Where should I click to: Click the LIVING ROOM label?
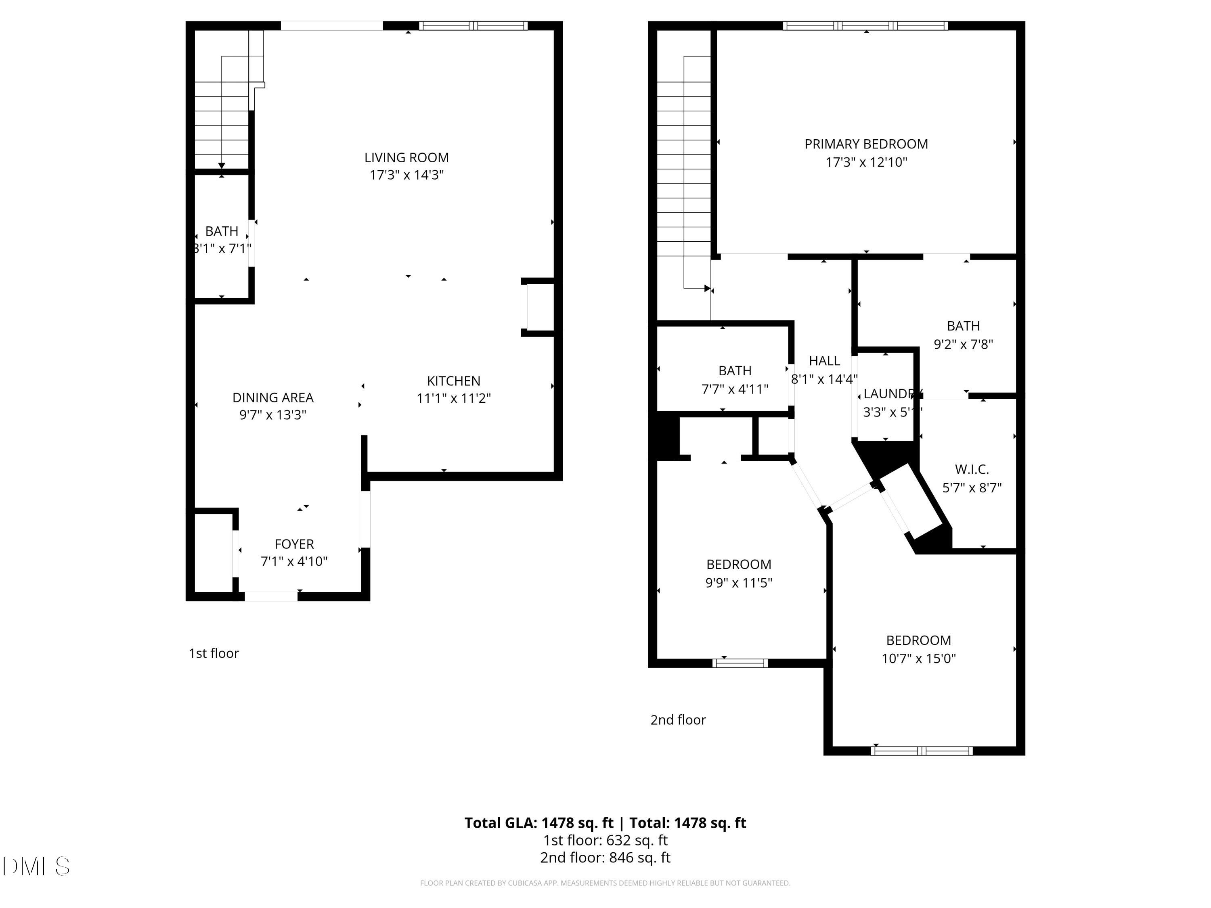tap(406, 158)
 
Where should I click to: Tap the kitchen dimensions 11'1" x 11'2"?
tap(453, 398)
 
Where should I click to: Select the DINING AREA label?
tap(272, 398)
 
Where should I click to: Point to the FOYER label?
tap(294, 544)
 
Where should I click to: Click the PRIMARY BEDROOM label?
tap(866, 144)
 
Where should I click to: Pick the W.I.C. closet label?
tap(972, 469)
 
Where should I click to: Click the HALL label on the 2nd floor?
tap(824, 361)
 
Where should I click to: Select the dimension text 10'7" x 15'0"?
tap(918, 659)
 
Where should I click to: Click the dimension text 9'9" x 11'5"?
tap(739, 583)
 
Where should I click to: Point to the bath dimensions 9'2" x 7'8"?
tap(963, 344)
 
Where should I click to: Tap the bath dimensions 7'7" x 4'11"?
tap(735, 389)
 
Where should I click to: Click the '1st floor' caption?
tap(214, 653)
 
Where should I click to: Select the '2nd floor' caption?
tap(678, 720)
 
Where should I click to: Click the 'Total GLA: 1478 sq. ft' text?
tap(539, 822)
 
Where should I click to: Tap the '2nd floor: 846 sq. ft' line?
tap(605, 858)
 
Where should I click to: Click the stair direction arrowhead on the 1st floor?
tap(222, 165)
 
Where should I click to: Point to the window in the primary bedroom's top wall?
tap(865, 26)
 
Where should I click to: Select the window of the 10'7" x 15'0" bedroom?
tap(922, 751)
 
